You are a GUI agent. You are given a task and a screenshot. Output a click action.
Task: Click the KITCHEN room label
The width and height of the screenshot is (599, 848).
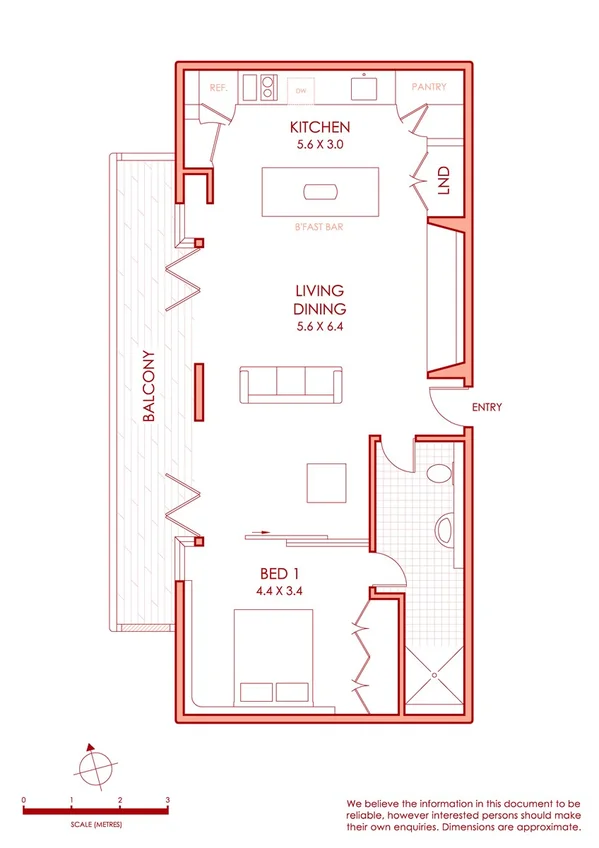pyautogui.click(x=319, y=127)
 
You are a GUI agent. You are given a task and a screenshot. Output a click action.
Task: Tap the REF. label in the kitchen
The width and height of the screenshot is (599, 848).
pyautogui.click(x=219, y=88)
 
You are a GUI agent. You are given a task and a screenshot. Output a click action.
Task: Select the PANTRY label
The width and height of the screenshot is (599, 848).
pyautogui.click(x=429, y=87)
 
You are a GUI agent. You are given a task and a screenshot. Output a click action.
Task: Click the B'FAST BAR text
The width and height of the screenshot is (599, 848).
pyautogui.click(x=319, y=228)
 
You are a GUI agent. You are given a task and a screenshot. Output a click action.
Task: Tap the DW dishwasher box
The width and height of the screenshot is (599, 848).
pyautogui.click(x=300, y=90)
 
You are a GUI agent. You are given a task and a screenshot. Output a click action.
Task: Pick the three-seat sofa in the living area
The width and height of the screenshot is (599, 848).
pyautogui.click(x=288, y=384)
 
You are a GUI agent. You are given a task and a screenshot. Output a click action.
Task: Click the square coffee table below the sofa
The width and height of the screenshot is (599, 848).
pyautogui.click(x=327, y=483)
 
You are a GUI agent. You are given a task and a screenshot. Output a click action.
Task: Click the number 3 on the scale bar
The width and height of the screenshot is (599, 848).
pyautogui.click(x=168, y=800)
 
